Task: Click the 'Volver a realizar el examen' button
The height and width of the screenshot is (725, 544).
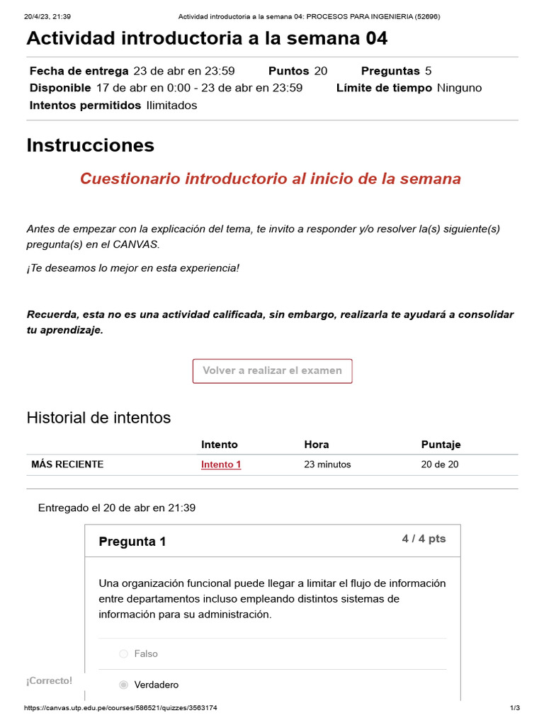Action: [x=272, y=371]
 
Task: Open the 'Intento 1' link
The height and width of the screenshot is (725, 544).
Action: [x=221, y=464]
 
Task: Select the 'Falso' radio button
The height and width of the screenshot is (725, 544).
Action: [x=124, y=654]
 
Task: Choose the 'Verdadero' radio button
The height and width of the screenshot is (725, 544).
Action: [x=124, y=685]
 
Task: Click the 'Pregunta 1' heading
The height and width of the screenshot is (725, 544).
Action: [x=132, y=542]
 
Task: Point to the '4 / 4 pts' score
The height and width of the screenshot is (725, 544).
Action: [x=424, y=539]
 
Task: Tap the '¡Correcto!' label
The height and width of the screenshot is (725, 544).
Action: [x=49, y=680]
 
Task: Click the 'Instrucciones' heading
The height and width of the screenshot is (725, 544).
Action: [x=90, y=145]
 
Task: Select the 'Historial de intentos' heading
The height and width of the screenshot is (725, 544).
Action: [x=98, y=418]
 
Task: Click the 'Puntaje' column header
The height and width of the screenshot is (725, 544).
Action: [x=441, y=445]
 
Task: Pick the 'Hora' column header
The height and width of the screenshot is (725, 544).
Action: [x=317, y=445]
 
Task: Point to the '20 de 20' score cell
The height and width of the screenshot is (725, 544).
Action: [x=440, y=464]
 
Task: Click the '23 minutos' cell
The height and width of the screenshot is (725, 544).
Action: [x=327, y=464]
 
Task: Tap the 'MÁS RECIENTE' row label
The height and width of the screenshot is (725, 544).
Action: [x=67, y=464]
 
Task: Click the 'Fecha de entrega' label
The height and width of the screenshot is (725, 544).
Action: [x=79, y=71]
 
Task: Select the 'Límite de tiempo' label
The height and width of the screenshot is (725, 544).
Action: [x=384, y=88]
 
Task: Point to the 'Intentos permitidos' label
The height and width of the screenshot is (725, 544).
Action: [x=86, y=105]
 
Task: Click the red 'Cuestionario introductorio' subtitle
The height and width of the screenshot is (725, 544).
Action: [x=271, y=178]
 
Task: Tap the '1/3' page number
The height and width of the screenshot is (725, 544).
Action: [x=515, y=708]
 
